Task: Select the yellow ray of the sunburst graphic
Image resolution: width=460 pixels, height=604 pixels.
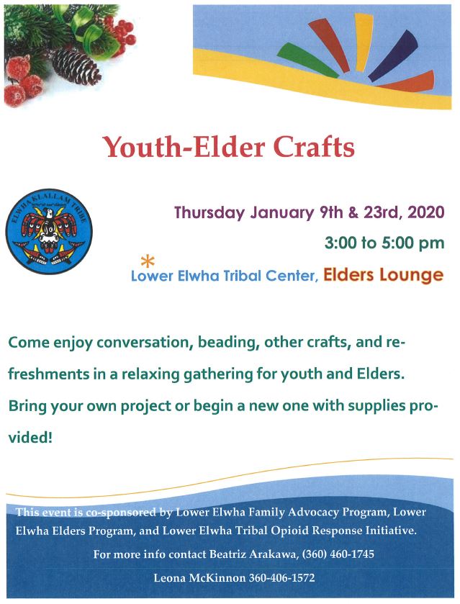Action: tap(364, 42)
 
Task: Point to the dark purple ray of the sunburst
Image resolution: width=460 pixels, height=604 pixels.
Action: tap(393, 56)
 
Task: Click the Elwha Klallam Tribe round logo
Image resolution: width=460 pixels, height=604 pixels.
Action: tap(49, 232)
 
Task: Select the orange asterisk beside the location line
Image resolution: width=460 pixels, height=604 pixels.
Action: tap(148, 261)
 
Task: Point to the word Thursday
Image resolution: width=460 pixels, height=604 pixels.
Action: tap(209, 213)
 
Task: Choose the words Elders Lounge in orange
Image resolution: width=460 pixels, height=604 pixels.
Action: tap(383, 275)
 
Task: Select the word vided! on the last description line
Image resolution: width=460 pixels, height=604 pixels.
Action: tap(30, 438)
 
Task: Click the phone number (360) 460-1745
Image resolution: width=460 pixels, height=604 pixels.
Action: tap(338, 554)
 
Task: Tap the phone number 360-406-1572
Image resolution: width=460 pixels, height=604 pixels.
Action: tap(281, 578)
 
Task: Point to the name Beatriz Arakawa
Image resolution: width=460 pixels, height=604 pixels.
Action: tap(253, 554)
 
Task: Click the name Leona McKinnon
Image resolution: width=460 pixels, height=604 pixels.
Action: tap(199, 578)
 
